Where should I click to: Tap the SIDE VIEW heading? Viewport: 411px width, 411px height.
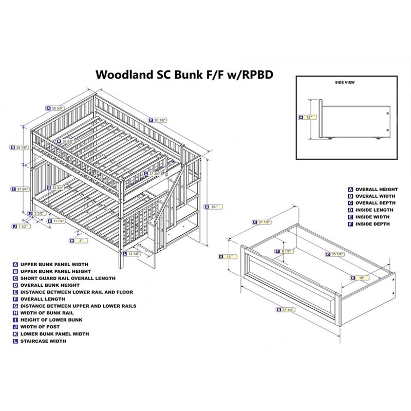pos(345,82)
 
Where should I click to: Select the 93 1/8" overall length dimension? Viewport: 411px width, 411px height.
pos(160,120)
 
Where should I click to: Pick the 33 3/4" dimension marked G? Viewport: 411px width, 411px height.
pos(58,187)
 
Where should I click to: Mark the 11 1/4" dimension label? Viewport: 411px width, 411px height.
pos(58,221)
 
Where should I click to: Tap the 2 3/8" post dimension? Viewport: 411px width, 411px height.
pos(37,213)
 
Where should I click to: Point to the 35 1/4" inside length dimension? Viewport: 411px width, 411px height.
pos(337,253)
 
